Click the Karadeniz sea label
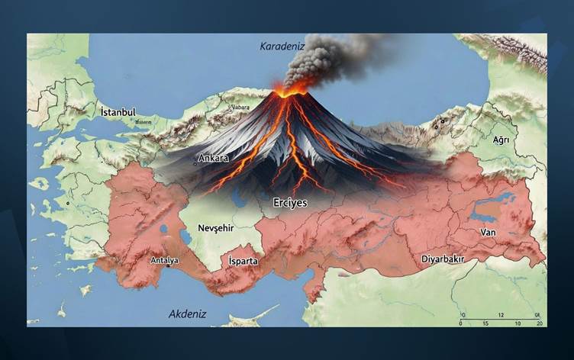(x=282, y=46)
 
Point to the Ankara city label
(x=214, y=159)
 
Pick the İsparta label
(x=243, y=261)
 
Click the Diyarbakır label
(x=443, y=259)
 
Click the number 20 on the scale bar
(x=540, y=324)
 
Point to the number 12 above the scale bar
(x=501, y=315)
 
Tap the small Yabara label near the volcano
(x=240, y=108)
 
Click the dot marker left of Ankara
(x=195, y=162)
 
